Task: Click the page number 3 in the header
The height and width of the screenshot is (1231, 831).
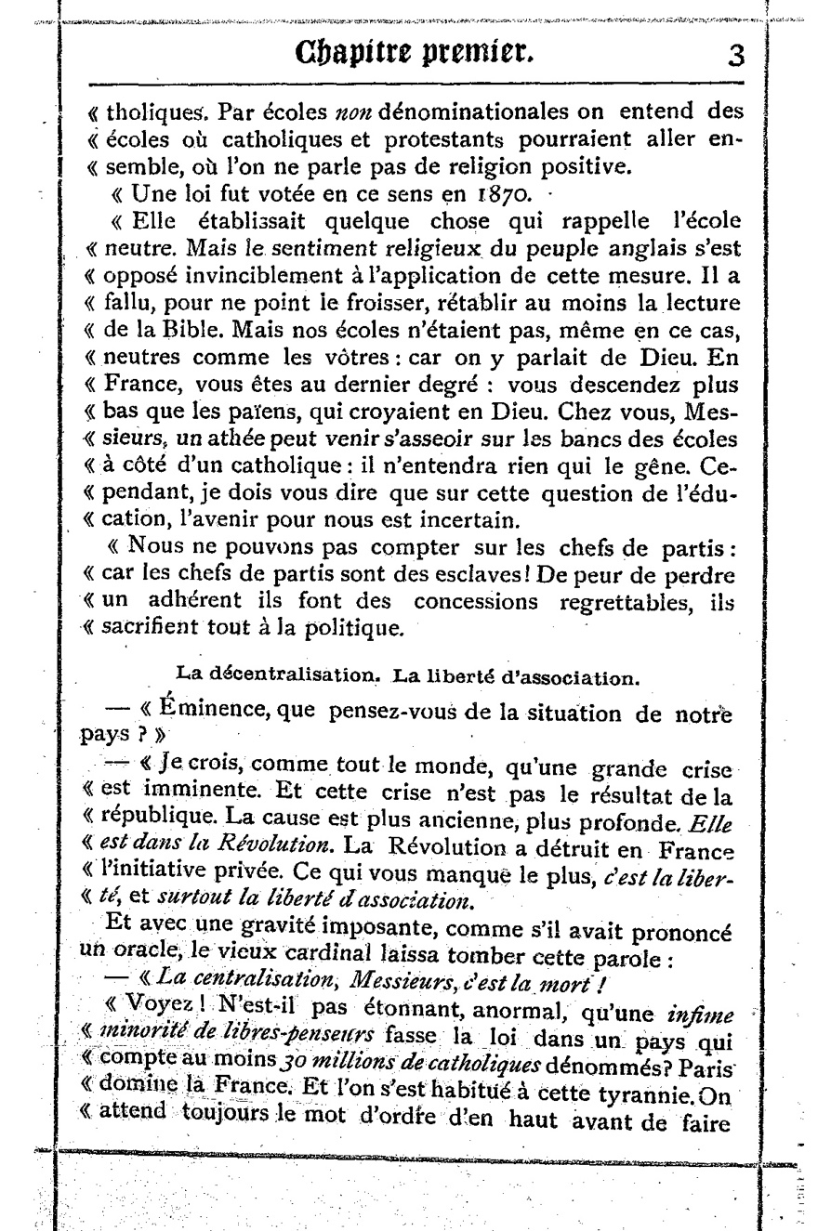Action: pos(735,56)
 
